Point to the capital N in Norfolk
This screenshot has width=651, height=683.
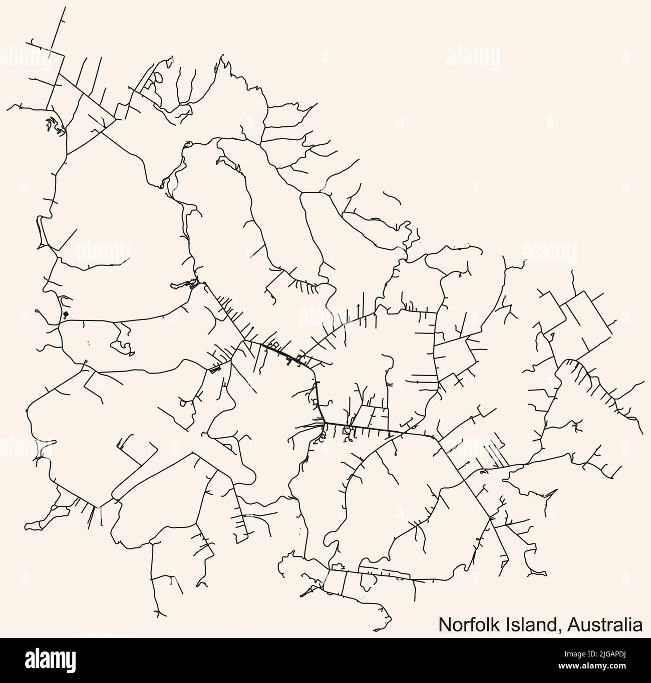point(444,625)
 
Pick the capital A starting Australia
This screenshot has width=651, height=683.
point(568,625)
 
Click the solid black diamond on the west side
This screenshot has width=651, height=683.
point(66,314)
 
